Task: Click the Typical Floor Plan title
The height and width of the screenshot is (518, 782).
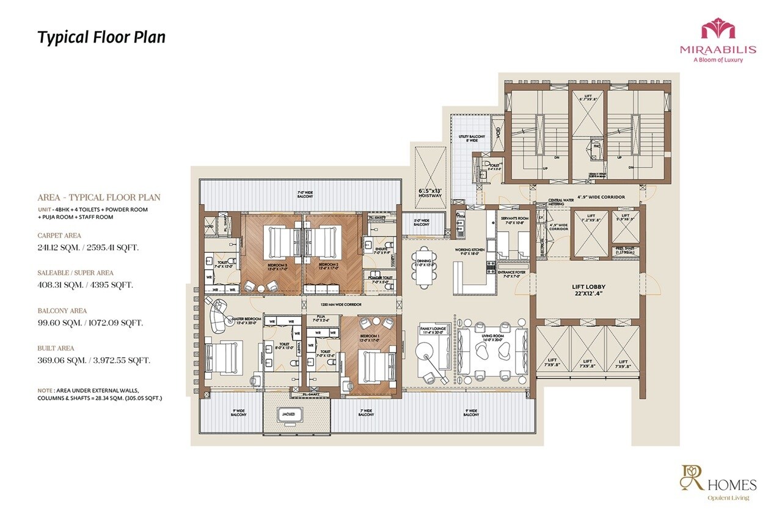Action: click(x=101, y=37)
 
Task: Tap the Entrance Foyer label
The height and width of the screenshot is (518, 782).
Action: click(x=512, y=274)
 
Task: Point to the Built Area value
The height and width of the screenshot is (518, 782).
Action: click(x=93, y=360)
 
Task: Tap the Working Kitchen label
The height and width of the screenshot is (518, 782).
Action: click(x=469, y=250)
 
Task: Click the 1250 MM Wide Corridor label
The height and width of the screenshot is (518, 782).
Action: click(x=341, y=304)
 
